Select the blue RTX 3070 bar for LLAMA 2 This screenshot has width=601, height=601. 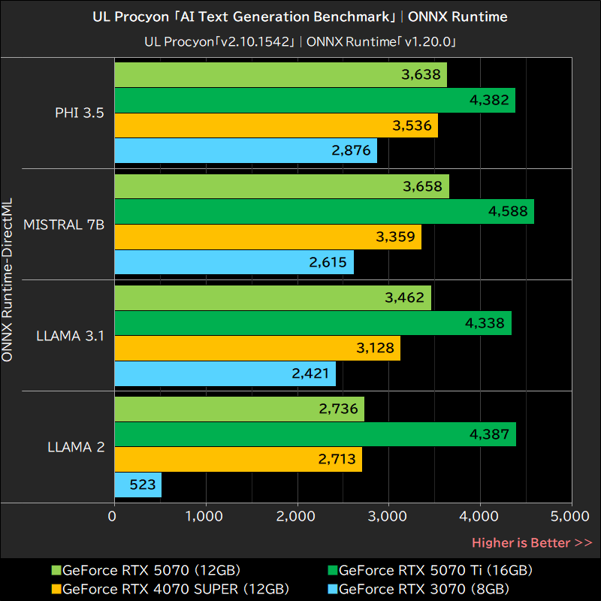tap(137, 485)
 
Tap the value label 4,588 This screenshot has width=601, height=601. tap(509, 212)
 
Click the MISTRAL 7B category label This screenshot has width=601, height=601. tap(64, 224)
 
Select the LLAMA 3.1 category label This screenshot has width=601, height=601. tap(69, 335)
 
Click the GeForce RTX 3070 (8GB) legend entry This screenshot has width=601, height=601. tap(424, 588)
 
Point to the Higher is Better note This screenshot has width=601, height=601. tap(531, 542)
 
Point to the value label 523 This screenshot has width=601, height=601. tap(137, 485)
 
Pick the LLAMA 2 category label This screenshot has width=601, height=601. tap(75, 447)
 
